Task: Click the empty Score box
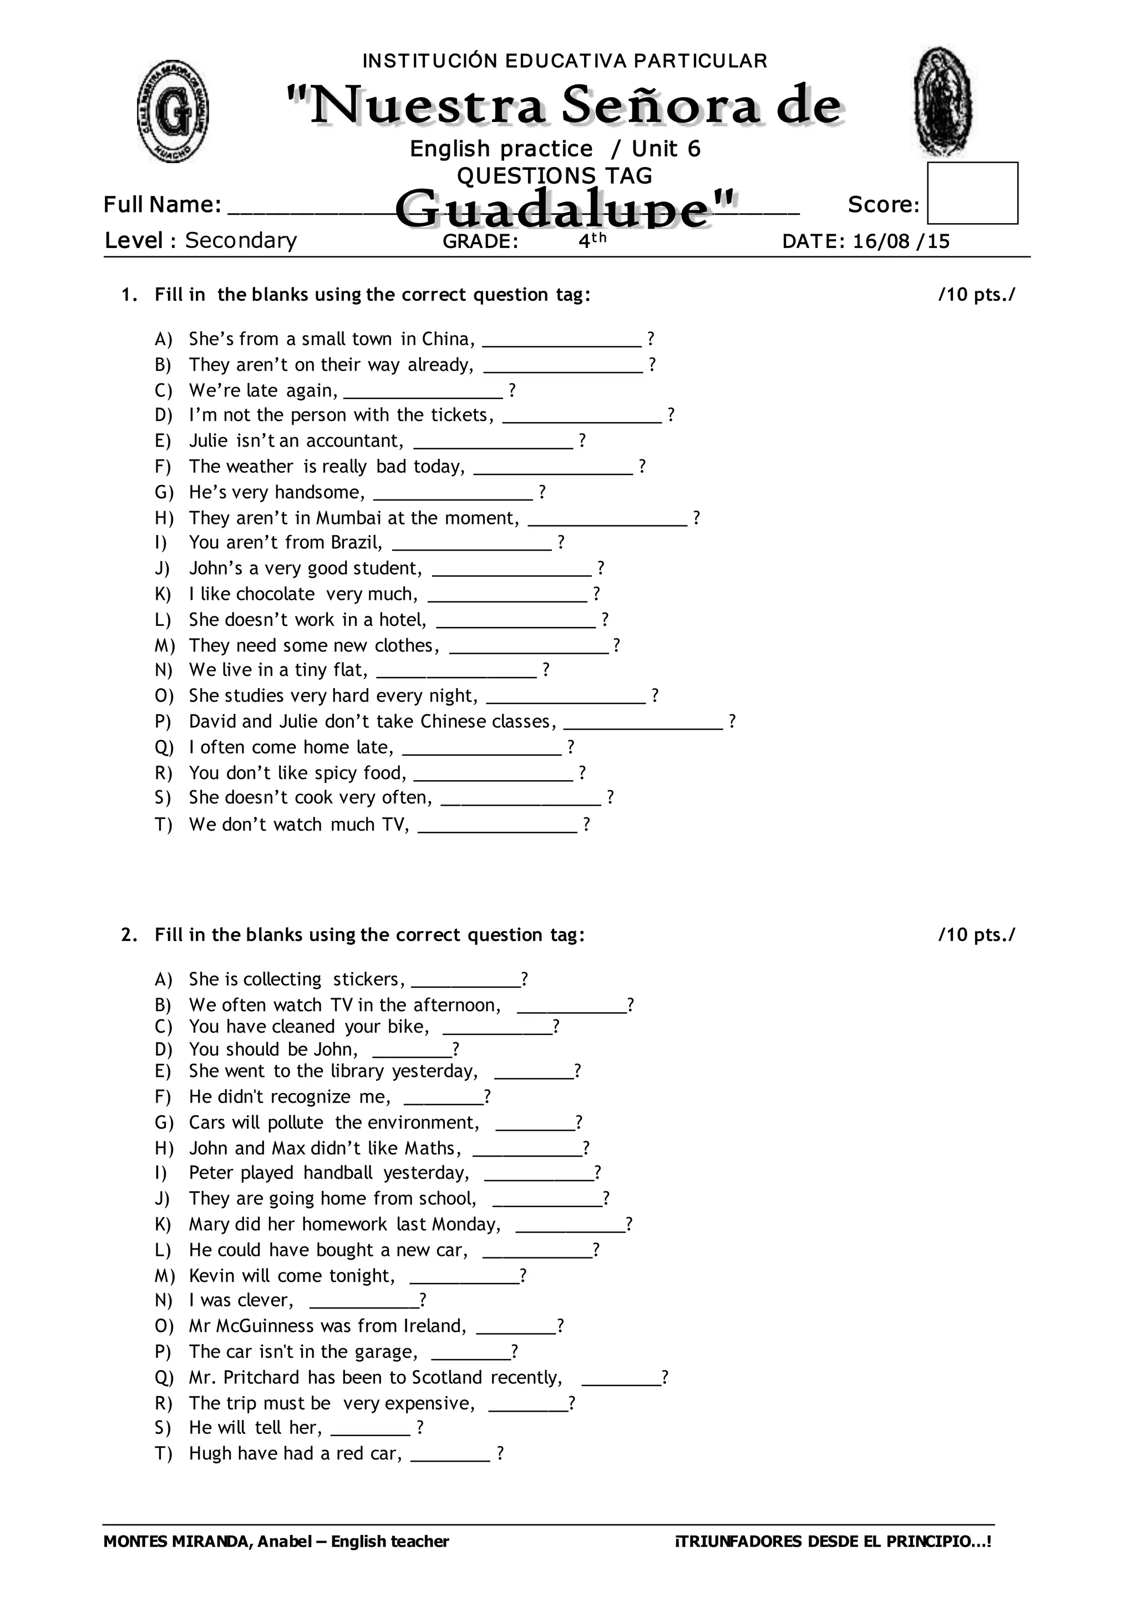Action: click(972, 193)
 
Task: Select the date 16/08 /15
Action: click(902, 241)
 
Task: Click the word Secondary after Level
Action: click(241, 241)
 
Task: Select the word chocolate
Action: click(276, 594)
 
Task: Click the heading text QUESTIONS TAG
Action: click(554, 176)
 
